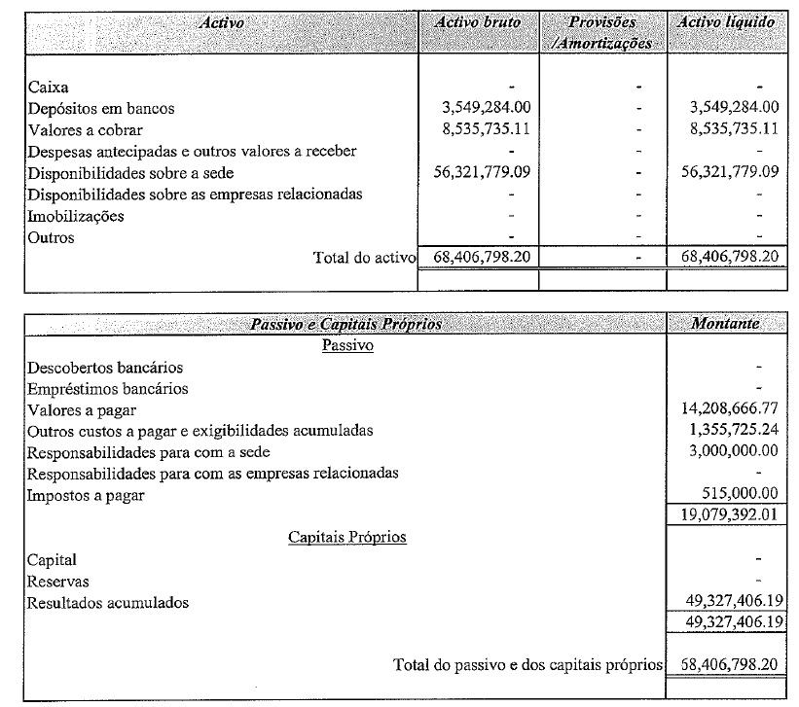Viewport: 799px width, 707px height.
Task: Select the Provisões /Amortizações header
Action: point(601,32)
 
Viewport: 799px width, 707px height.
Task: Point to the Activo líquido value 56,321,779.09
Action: point(730,172)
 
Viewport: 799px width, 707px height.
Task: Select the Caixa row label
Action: point(47,87)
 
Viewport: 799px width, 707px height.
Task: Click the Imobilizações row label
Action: point(76,215)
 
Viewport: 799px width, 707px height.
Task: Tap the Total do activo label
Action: point(364,258)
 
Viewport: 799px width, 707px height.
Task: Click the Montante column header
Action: point(725,324)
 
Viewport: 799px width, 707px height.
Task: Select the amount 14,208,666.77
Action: point(729,409)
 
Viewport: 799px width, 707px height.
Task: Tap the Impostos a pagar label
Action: point(86,495)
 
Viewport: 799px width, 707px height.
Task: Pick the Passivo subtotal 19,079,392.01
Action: point(729,514)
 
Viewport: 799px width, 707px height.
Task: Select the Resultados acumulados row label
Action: point(108,602)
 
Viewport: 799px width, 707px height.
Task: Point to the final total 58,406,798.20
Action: point(729,665)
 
